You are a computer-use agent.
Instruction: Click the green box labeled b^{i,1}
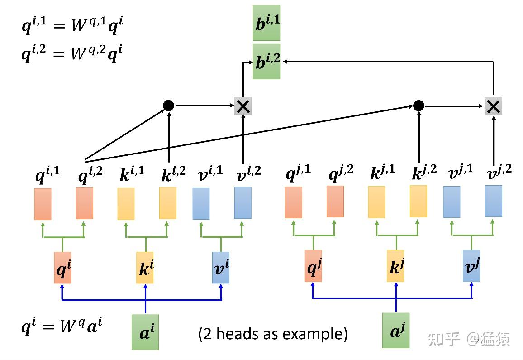pos(266,23)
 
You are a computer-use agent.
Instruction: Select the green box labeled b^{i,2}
pos(266,62)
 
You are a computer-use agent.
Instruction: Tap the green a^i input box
pos(145,332)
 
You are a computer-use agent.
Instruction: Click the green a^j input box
pos(395,330)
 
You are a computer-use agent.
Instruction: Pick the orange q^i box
pos(63,268)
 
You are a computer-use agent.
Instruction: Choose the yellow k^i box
pos(145,268)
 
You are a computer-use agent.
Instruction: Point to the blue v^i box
pos(221,268)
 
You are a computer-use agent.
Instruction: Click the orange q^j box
pos(313,266)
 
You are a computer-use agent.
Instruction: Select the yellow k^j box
pos(395,266)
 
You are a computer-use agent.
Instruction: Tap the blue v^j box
pos(471,266)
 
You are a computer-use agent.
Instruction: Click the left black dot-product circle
pos(168,106)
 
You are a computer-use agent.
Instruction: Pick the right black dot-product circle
pos(418,106)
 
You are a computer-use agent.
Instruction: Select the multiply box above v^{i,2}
pos(243,106)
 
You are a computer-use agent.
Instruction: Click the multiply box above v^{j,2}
pos(493,106)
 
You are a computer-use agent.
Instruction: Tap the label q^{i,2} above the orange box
pos(90,175)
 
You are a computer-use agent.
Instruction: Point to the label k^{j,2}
pos(424,172)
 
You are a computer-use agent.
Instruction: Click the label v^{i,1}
pos(210,173)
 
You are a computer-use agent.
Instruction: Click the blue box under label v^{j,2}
pos(493,201)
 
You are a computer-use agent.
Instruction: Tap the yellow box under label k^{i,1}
pos(126,204)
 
